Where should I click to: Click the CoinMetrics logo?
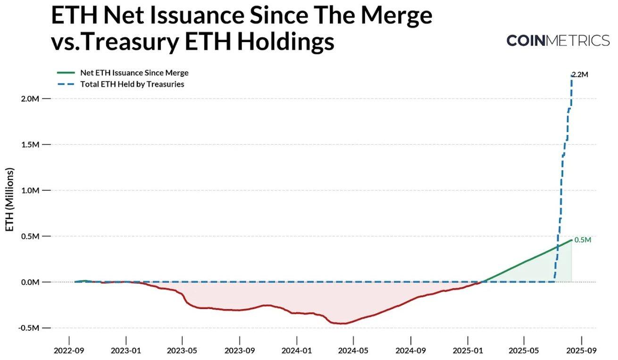pyautogui.click(x=558, y=41)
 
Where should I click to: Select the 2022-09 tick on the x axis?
pyautogui.click(x=69, y=351)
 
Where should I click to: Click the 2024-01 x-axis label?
pyautogui.click(x=297, y=351)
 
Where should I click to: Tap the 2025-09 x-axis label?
pyautogui.click(x=581, y=351)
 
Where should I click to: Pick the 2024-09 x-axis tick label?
pyautogui.click(x=411, y=351)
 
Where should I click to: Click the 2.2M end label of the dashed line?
pyautogui.click(x=580, y=75)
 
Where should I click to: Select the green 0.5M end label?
pyautogui.click(x=583, y=240)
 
